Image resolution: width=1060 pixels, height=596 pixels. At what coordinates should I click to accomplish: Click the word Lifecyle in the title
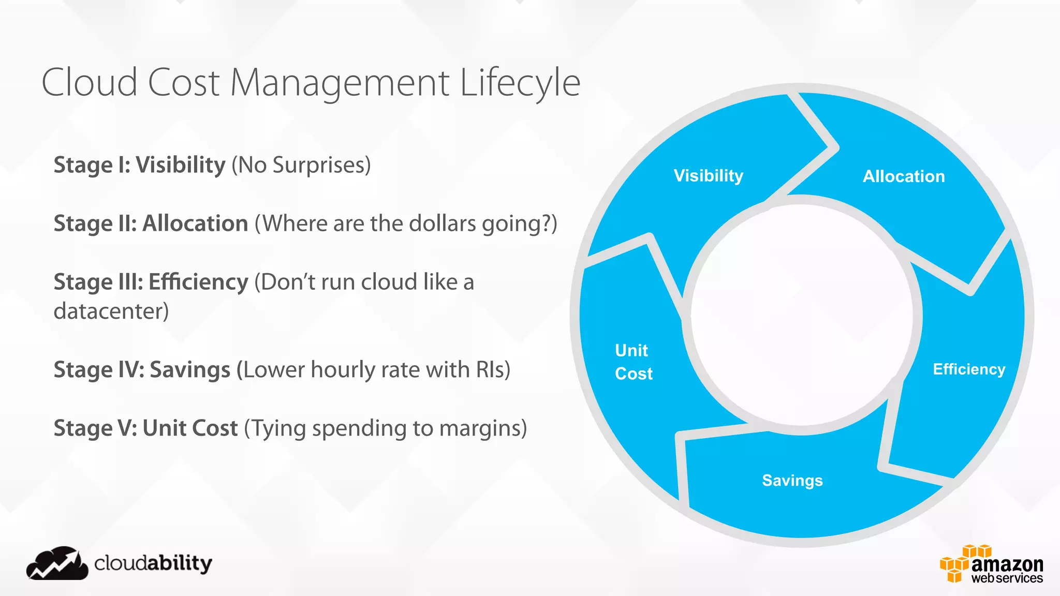pyautogui.click(x=520, y=83)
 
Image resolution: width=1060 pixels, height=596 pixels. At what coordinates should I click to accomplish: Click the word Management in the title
pyautogui.click(x=340, y=83)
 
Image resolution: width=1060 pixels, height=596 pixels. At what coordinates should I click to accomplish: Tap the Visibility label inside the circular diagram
pyautogui.click(x=708, y=176)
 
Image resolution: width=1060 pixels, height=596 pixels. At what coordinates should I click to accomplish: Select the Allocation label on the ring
pyautogui.click(x=904, y=176)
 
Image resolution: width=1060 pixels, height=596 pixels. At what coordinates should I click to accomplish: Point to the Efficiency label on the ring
pyautogui.click(x=969, y=369)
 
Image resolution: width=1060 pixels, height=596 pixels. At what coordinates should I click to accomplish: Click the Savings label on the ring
pyautogui.click(x=792, y=481)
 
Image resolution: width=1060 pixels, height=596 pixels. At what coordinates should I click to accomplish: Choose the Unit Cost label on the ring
pyautogui.click(x=633, y=362)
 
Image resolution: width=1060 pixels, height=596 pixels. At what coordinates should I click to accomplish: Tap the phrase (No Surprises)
pyautogui.click(x=301, y=165)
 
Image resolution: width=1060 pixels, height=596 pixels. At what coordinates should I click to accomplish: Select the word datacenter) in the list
pyautogui.click(x=111, y=311)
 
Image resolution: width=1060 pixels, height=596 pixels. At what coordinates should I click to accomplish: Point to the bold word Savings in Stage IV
pyautogui.click(x=190, y=370)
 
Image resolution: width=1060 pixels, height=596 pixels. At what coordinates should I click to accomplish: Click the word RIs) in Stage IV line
pyautogui.click(x=493, y=370)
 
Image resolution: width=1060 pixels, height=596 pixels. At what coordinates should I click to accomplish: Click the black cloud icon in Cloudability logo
pyautogui.click(x=57, y=564)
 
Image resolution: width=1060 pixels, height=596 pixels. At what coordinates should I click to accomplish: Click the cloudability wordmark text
pyautogui.click(x=153, y=563)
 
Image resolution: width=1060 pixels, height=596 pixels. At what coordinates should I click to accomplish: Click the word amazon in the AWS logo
pyautogui.click(x=1007, y=564)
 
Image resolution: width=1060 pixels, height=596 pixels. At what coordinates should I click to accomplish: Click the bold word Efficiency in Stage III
pyautogui.click(x=198, y=282)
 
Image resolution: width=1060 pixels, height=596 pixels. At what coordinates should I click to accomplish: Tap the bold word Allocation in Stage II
pyautogui.click(x=195, y=224)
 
